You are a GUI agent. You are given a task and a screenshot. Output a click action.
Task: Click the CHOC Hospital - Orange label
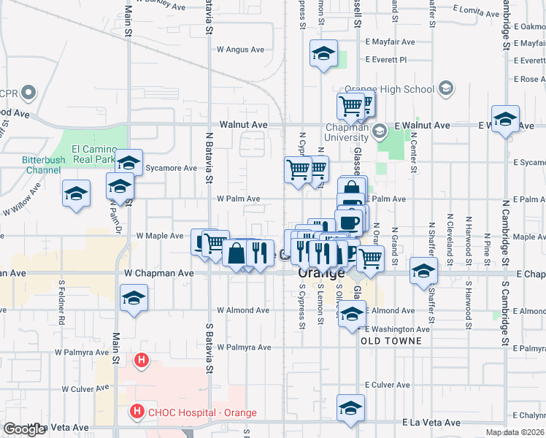click(202, 413)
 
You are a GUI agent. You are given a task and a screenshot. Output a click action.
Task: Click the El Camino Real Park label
click(94, 153)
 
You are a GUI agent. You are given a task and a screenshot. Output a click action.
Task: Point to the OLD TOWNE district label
click(391, 341)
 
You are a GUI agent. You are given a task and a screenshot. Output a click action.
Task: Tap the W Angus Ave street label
click(240, 50)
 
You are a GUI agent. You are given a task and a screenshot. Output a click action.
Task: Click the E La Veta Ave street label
click(431, 423)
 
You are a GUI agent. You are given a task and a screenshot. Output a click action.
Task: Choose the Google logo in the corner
click(25, 429)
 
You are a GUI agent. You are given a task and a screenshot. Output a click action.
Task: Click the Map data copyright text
click(515, 432)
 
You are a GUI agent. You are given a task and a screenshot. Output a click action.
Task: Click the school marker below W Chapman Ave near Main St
click(134, 298)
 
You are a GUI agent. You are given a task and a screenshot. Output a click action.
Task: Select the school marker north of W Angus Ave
click(323, 54)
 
